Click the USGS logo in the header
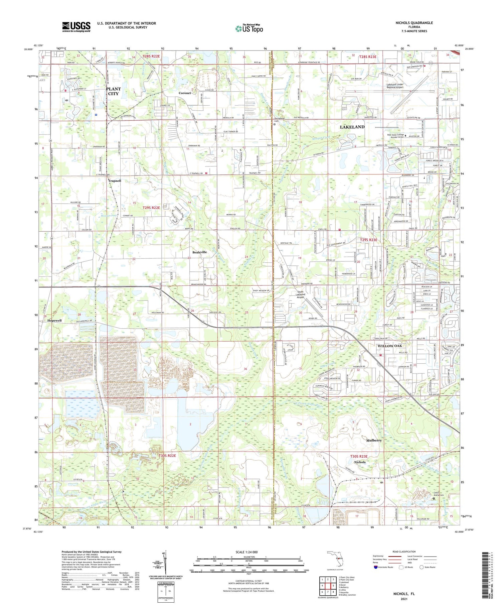coord(76,27)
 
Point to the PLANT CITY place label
coord(113,91)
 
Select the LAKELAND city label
coord(352,127)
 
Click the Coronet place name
coord(185,93)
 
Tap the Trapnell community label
coord(115,180)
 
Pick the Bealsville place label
coord(199,252)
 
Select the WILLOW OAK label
coord(389,346)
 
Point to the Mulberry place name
coord(374,440)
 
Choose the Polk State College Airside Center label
coord(395,136)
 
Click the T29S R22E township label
coord(151,208)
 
